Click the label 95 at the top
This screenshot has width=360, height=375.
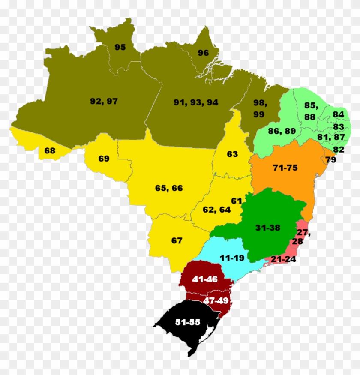pos(120,47)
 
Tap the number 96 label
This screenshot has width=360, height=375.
pos(203,53)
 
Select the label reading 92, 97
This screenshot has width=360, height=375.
pos(104,101)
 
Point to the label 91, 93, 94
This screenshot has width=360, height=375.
pos(196,102)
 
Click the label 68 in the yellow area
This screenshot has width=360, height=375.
pos(50,150)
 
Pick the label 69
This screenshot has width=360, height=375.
pos(104,159)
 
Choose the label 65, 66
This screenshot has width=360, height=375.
pos(169,188)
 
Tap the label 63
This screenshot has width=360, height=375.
pos(232,154)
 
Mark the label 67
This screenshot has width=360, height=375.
pos(177,240)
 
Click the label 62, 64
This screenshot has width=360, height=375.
pos(217,210)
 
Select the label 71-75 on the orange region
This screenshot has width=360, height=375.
pos(285,168)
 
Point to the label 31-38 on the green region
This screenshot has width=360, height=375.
pos(267,228)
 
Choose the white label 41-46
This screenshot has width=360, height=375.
pos(205,279)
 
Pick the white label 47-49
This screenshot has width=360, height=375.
pos(216,300)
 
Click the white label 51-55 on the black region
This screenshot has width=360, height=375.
pos(188,322)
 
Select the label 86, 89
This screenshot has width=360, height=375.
pos(282,131)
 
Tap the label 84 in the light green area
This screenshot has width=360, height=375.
pos(338,114)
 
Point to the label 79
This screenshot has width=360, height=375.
pos(331,160)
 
